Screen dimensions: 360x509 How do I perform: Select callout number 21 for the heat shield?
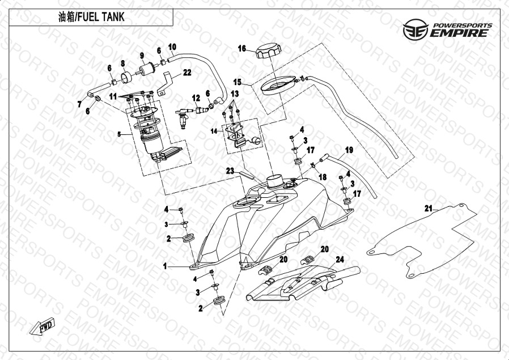tap(429, 208)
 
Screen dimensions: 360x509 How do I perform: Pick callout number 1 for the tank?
tap(166, 265)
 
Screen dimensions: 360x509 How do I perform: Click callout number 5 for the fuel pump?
tap(119, 134)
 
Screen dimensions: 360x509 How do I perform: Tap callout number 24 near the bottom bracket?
tap(340, 260)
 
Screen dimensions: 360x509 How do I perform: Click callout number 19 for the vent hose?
tap(349, 150)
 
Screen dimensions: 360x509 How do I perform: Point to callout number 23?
tap(230, 170)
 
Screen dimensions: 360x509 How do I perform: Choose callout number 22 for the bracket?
tap(187, 72)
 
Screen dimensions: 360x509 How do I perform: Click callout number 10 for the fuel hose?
tap(172, 46)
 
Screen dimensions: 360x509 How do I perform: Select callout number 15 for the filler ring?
tap(237, 82)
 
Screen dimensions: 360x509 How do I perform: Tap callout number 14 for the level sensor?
tap(214, 131)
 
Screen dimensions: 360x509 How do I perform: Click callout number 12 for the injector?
tap(196, 98)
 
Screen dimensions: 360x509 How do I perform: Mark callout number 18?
tap(323, 177)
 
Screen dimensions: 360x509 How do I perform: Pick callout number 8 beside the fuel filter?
tap(122, 63)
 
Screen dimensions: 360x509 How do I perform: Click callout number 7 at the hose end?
tap(79, 103)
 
